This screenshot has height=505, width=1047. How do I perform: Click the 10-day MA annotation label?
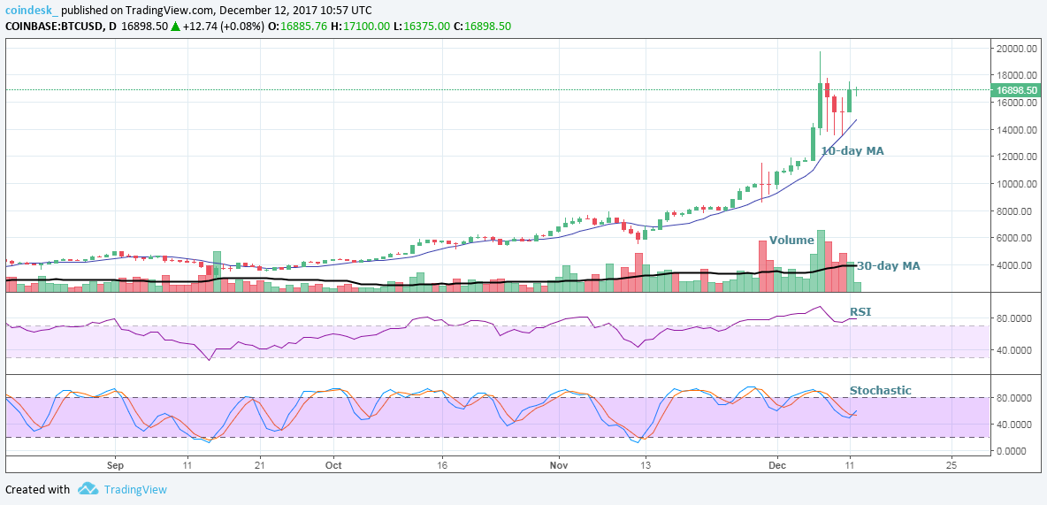(852, 151)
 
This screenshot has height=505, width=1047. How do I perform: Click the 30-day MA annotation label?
(889, 265)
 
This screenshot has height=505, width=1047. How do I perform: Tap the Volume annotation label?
(791, 240)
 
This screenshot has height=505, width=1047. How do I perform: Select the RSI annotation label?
(860, 311)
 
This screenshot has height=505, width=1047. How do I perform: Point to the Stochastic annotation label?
(880, 390)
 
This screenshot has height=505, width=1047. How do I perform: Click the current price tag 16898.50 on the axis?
(1015, 90)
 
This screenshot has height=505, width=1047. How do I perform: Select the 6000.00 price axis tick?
(1014, 238)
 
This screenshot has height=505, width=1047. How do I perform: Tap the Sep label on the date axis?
(113, 463)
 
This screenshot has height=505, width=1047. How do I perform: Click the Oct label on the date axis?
(333, 463)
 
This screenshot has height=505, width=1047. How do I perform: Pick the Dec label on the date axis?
(777, 463)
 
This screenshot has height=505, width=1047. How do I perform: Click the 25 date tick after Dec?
(951, 463)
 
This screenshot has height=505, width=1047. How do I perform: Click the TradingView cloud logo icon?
(87, 488)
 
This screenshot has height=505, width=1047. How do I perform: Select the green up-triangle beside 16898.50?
(176, 27)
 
